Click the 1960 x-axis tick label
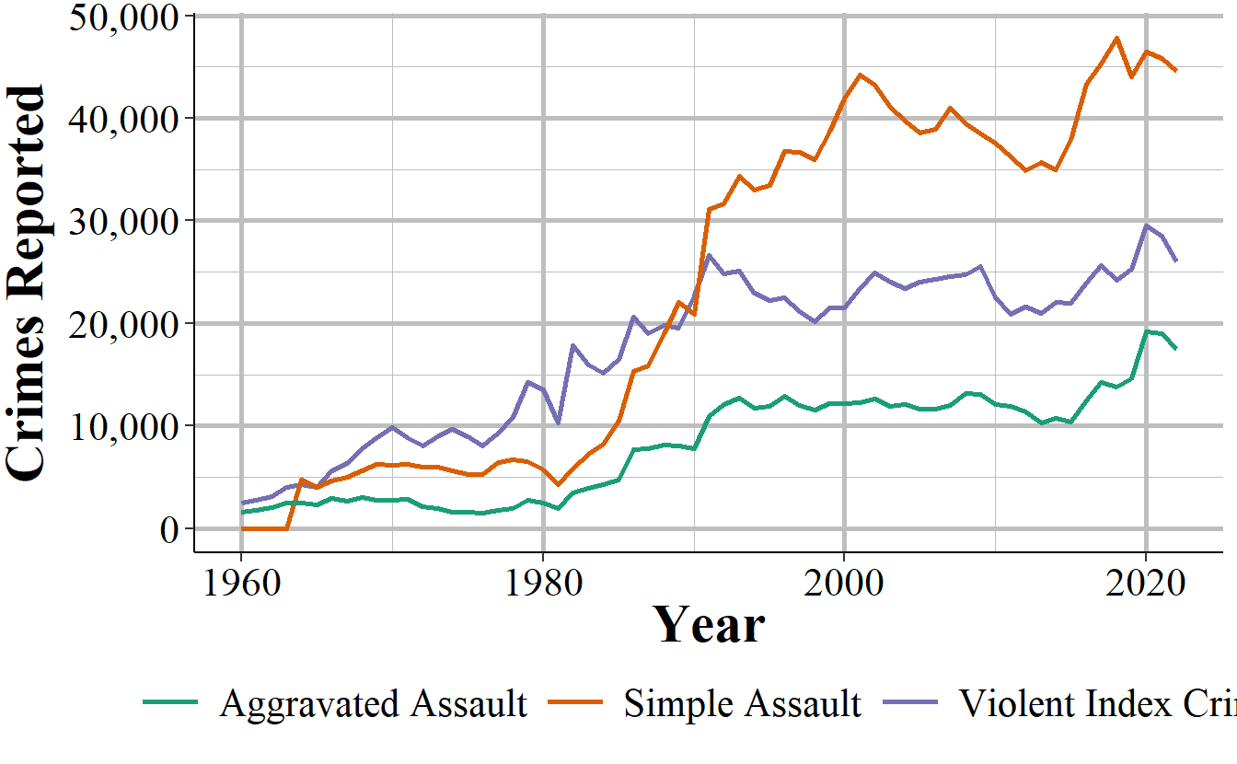[x=241, y=581]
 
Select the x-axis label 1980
[x=542, y=581]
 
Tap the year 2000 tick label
[x=843, y=581]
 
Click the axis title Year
[x=708, y=625]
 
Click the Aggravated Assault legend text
[x=373, y=704]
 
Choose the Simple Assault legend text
[x=742, y=704]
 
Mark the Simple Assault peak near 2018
[x=1116, y=38]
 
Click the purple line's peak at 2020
[x=1146, y=225]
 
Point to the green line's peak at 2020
[x=1146, y=331]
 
